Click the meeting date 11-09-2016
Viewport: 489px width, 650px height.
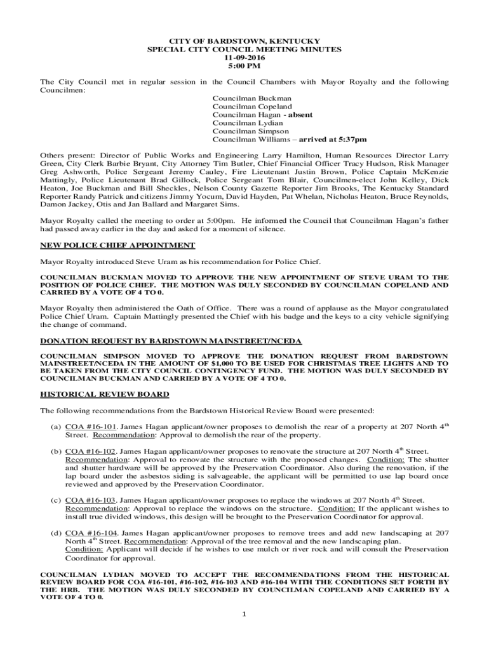pos(245,57)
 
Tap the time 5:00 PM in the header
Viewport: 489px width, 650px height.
pos(245,66)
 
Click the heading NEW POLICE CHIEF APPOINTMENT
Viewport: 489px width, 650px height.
pos(117,246)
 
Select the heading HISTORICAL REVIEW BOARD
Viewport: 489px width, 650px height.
pos(105,394)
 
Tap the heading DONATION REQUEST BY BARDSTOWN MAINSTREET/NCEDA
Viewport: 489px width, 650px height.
pos(171,341)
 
